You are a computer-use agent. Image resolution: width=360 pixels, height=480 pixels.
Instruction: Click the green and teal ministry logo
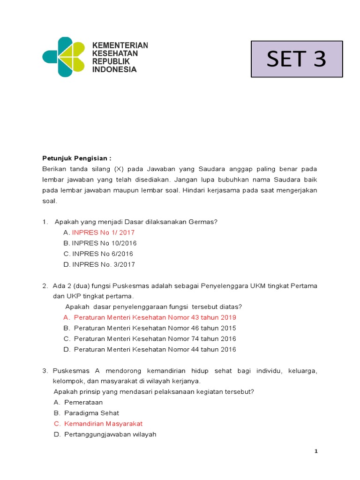click(x=64, y=57)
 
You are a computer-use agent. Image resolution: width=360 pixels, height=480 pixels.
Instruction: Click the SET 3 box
click(x=296, y=59)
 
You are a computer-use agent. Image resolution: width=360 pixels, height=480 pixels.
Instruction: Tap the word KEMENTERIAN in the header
click(x=120, y=45)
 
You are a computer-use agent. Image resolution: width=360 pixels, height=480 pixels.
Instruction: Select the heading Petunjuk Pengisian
click(x=77, y=158)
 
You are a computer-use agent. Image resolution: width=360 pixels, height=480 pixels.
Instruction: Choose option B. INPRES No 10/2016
click(x=104, y=243)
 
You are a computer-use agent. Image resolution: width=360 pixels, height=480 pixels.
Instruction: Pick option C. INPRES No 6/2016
click(x=102, y=254)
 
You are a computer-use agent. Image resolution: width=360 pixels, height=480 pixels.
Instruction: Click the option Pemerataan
click(x=83, y=402)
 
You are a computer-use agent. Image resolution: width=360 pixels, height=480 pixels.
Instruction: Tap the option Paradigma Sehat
click(x=91, y=413)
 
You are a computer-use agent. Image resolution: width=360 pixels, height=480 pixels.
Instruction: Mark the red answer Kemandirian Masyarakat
click(x=103, y=424)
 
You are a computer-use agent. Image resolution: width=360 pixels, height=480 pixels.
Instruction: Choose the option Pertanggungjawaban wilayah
click(x=110, y=435)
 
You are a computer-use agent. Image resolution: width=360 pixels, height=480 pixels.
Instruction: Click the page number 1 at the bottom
click(x=316, y=451)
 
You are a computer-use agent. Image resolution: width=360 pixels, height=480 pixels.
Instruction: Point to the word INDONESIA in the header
click(x=114, y=69)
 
